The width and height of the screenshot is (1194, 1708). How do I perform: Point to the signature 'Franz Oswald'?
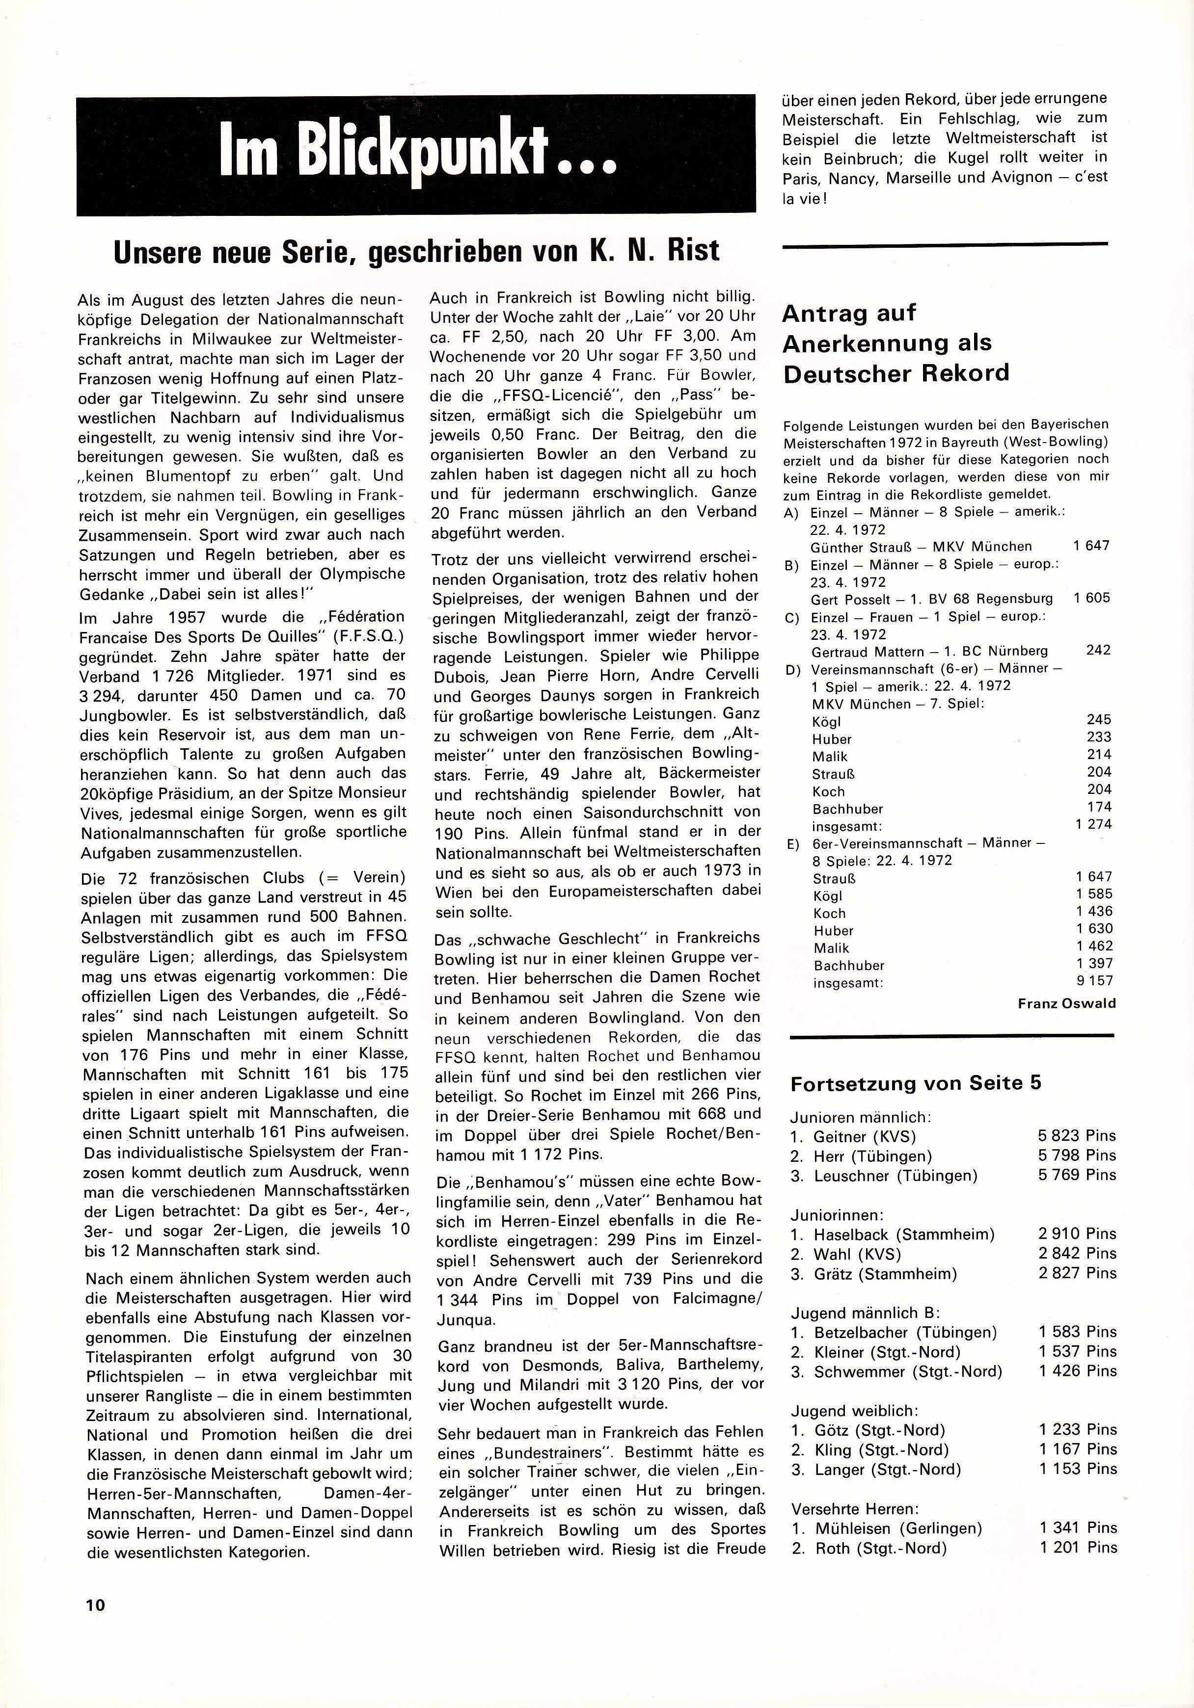1067,1003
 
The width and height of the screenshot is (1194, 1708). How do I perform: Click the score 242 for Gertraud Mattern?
1098,650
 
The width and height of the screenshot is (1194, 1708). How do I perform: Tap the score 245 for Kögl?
1099,719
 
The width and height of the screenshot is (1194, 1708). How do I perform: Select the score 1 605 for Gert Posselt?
1091,597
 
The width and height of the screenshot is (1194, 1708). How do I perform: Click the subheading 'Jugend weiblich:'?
854,1411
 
